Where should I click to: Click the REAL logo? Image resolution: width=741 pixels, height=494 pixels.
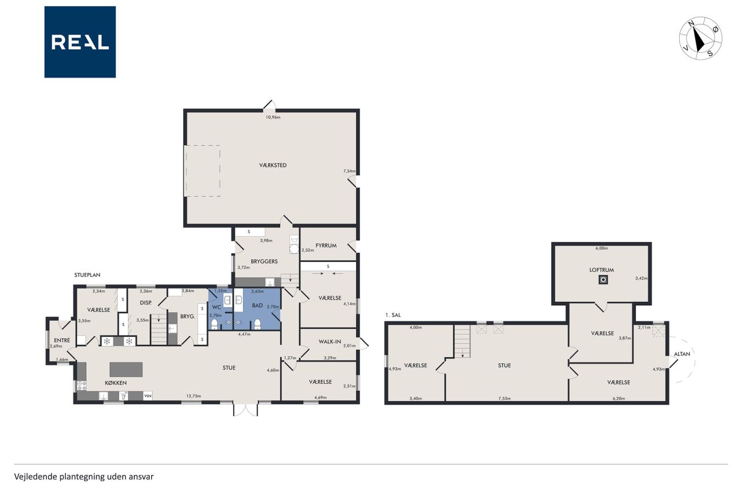point(80,42)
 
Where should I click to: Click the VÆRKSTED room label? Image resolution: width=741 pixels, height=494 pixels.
point(273,165)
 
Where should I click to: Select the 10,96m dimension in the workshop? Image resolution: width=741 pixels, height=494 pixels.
point(273,117)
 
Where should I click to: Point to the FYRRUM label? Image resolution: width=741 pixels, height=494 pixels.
point(326,246)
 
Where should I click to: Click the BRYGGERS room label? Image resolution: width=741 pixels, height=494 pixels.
point(264,261)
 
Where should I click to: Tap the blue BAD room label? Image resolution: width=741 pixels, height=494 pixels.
point(258,305)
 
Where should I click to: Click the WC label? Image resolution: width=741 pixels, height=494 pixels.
point(217,307)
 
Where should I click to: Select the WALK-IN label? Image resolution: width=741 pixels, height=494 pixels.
point(330,342)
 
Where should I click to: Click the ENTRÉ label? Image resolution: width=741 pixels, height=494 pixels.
point(62,340)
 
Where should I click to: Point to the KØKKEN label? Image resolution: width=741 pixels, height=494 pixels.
point(116,383)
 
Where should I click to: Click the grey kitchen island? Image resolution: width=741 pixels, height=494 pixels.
point(126,369)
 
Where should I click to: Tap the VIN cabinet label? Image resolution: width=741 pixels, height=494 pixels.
point(148,396)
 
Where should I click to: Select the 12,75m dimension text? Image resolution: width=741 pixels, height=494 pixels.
point(193,396)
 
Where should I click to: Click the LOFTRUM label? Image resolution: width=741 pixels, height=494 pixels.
point(601,270)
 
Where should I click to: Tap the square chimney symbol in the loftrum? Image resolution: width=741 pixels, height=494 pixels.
point(603,280)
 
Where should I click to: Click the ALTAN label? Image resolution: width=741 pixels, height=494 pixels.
point(682,354)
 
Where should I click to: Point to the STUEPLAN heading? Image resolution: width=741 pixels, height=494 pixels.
point(87,275)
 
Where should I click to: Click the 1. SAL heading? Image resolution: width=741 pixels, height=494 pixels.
point(393,315)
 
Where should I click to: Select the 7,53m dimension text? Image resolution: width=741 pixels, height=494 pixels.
point(504,398)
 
